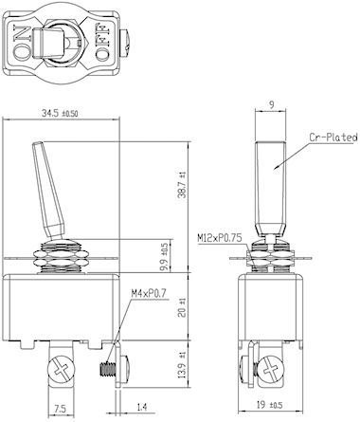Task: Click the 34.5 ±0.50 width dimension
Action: pos(60,113)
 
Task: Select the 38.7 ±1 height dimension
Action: pos(182,185)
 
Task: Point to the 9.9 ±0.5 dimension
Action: pos(165,257)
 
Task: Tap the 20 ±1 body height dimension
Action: pos(182,308)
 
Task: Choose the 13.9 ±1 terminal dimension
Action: pos(182,365)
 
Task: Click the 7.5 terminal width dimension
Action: pos(60,409)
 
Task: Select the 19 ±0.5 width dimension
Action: pos(269,405)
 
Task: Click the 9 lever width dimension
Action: pos(272,105)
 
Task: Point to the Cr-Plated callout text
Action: pos(333,138)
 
